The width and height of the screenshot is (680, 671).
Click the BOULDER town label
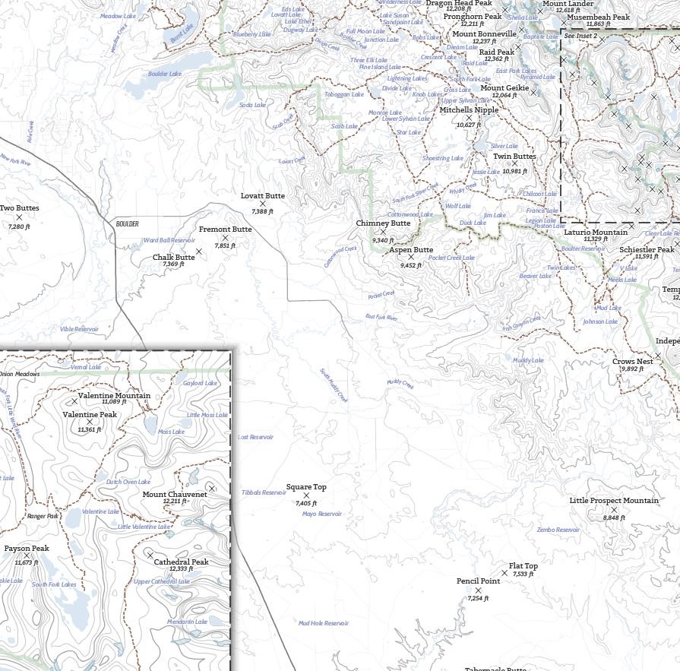[x=128, y=224]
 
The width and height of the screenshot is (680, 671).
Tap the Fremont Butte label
[x=225, y=229]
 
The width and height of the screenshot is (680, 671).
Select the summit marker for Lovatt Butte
[x=263, y=204]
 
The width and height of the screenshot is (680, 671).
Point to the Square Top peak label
[x=306, y=487]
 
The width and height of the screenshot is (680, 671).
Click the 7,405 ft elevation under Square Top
[x=306, y=503]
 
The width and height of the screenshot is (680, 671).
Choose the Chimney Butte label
[x=383, y=223]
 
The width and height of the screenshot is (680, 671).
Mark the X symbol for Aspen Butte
[x=411, y=258]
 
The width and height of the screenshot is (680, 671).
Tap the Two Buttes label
[x=19, y=208]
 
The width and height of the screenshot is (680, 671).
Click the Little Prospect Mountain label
[x=614, y=501]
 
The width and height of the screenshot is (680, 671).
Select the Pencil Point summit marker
[x=479, y=590]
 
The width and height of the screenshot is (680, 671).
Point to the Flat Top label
[x=523, y=566]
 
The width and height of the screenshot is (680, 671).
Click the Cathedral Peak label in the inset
[x=181, y=562]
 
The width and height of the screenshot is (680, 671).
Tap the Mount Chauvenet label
[x=175, y=494]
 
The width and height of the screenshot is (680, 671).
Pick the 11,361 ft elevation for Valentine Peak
[x=90, y=429]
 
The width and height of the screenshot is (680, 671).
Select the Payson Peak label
[x=27, y=548]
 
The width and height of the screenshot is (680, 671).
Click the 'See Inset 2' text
[x=580, y=36]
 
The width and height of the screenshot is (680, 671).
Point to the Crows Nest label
[x=633, y=362]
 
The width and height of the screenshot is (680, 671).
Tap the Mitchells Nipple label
[x=469, y=109]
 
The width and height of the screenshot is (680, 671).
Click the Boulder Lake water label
[x=165, y=74]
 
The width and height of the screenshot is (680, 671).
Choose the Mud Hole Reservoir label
[x=323, y=623]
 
